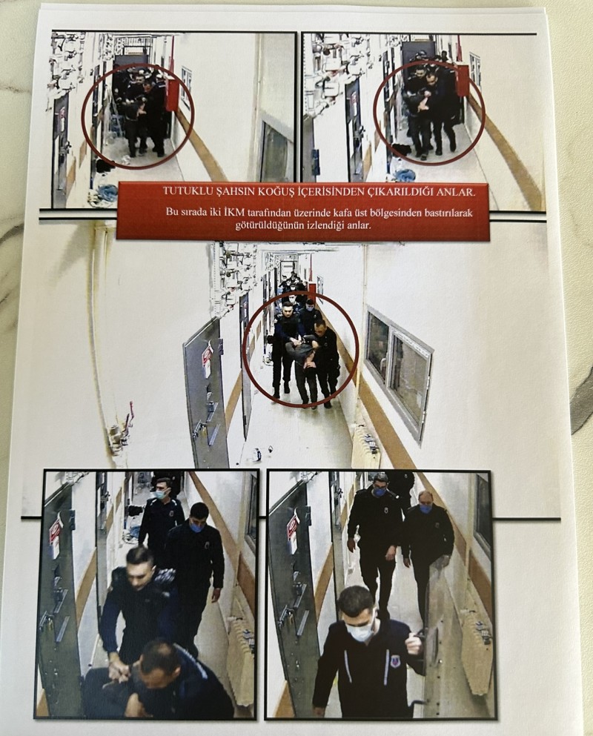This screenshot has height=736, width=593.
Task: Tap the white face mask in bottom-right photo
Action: point(360,629)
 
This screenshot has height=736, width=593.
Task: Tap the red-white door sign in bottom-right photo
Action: point(293,531)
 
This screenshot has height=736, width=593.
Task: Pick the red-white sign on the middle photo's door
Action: point(207,358)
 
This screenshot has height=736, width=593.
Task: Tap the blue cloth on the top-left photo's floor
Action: point(107,191)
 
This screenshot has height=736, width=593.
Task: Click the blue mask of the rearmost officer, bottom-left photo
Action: point(162,494)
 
